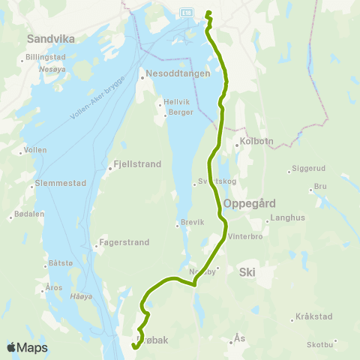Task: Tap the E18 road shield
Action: [186, 13]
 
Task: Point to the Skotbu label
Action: [320, 344]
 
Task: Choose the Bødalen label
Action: [30, 214]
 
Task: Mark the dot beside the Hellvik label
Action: [160, 104]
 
